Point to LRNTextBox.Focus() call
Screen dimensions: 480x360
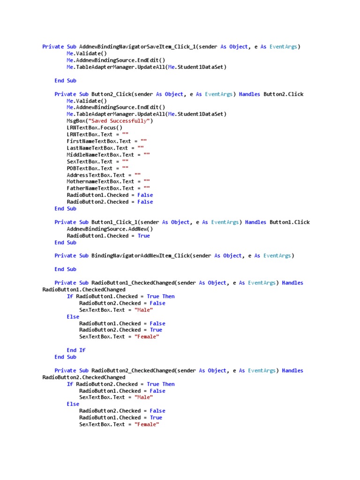tap(95, 127)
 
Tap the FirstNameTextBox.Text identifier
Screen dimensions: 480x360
tap(99, 141)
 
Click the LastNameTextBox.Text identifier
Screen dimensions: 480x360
tap(97, 148)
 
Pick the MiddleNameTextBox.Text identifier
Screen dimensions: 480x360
tap(100, 155)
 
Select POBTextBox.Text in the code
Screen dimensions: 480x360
tap(90, 168)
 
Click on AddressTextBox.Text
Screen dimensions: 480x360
tap(96, 175)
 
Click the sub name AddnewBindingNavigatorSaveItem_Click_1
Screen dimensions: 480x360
tap(138, 47)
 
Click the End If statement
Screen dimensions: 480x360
tap(76, 350)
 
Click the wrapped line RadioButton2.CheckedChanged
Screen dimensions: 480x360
tap(84, 377)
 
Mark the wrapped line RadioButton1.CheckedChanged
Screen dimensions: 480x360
tap(84, 290)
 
